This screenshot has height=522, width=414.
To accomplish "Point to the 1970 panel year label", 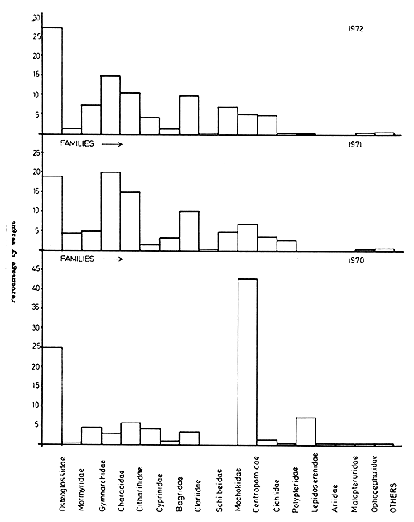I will tap(357, 259).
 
